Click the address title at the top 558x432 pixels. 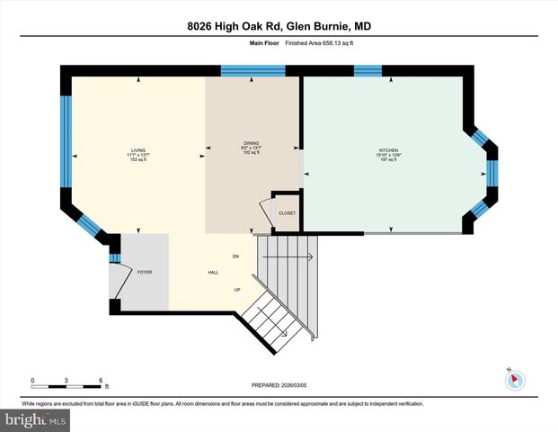(x=279, y=26)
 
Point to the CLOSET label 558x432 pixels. (x=287, y=213)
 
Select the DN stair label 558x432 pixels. (x=235, y=257)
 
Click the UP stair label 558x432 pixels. (x=236, y=289)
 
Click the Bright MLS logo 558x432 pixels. (x=36, y=419)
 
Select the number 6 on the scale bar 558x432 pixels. (x=101, y=379)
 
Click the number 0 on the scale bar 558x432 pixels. (x=32, y=379)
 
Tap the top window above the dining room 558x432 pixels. (x=241, y=71)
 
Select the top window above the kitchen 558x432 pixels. (x=368, y=71)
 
